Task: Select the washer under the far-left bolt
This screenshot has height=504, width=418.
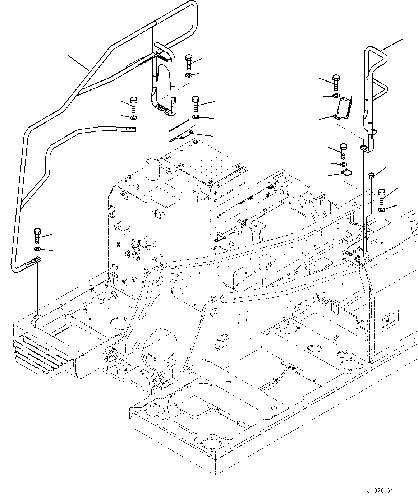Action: click(37, 249)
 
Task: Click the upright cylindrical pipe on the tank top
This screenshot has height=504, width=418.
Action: click(152, 169)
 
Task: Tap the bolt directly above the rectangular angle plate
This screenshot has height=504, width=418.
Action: click(196, 103)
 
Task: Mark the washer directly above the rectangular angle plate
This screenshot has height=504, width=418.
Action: click(196, 117)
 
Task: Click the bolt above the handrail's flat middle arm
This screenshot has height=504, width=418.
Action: click(133, 104)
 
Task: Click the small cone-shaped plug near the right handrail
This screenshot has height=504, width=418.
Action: click(371, 176)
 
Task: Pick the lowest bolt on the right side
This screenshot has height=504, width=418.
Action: click(382, 197)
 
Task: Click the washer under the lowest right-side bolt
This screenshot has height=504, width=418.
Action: click(382, 210)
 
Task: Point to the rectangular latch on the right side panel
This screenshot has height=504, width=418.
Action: click(389, 318)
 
